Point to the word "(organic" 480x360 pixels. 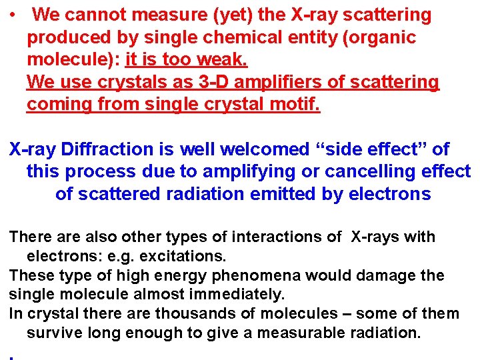coord(379,37)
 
